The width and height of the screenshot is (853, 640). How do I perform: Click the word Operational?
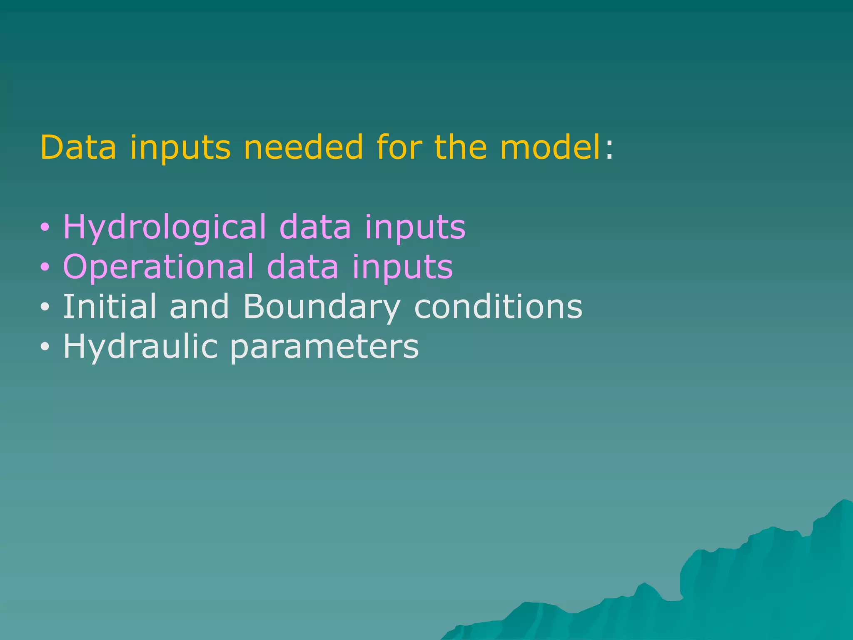tap(158, 267)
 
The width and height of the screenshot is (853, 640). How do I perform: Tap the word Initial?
tap(110, 307)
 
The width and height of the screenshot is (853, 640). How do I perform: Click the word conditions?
tap(498, 307)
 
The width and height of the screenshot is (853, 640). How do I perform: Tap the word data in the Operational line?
tap(302, 267)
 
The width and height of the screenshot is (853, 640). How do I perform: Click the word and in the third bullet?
tap(199, 307)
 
